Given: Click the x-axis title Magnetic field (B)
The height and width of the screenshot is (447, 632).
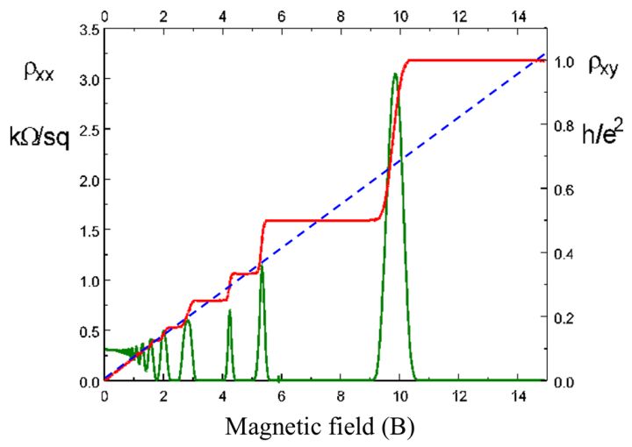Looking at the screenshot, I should click(x=319, y=426).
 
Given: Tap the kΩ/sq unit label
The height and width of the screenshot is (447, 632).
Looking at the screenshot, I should click(x=40, y=131).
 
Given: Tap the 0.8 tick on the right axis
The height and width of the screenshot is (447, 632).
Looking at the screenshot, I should click(x=564, y=126).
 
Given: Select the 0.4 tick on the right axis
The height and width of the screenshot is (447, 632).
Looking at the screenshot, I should click(x=564, y=254).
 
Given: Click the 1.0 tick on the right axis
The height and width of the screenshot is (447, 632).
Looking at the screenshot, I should click(x=564, y=62).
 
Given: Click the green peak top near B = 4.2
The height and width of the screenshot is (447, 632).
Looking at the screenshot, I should click(x=230, y=311).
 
